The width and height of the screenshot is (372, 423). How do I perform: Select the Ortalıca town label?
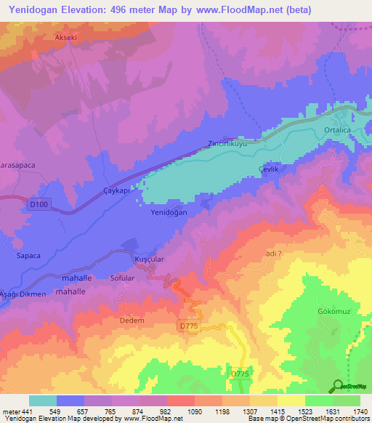coord(339,131)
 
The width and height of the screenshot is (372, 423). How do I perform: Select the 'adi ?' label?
coord(274,254)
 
